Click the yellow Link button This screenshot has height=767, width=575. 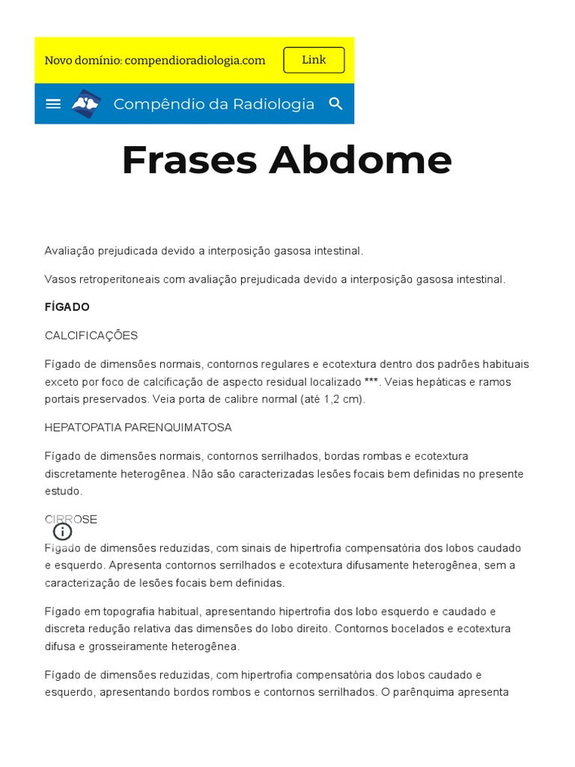pyautogui.click(x=314, y=60)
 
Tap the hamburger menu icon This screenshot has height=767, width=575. pyautogui.click(x=53, y=104)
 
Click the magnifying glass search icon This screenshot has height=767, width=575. pyautogui.click(x=336, y=104)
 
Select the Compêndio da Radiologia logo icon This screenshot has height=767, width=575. pyautogui.click(x=86, y=104)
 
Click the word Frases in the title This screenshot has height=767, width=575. pyautogui.click(x=189, y=160)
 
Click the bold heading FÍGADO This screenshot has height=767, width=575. pyautogui.click(x=67, y=307)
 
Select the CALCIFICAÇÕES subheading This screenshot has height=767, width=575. pyautogui.click(x=91, y=336)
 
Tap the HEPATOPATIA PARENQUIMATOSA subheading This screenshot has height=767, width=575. pyautogui.click(x=138, y=428)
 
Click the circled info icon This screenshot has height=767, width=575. pyautogui.click(x=63, y=532)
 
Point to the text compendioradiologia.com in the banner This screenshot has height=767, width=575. pyautogui.click(x=195, y=61)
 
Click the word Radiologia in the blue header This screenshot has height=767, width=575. pyautogui.click(x=274, y=104)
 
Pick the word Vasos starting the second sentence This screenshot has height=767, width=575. pyautogui.click(x=59, y=279)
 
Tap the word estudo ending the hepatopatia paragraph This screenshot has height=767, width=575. pyautogui.click(x=62, y=491)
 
